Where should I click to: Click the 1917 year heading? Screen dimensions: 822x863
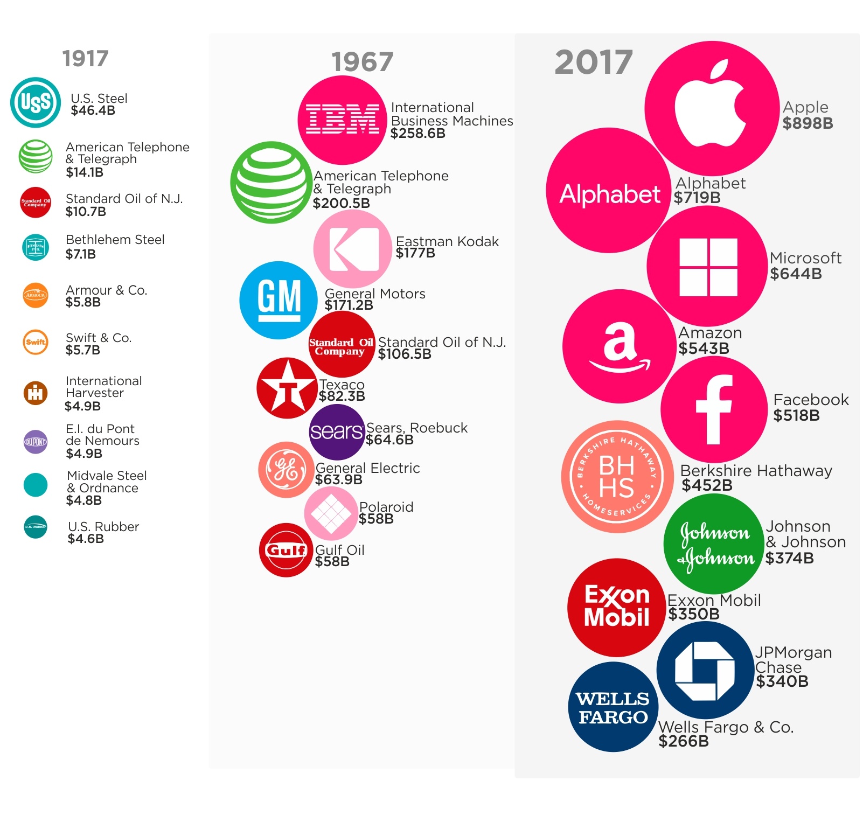[x=85, y=59]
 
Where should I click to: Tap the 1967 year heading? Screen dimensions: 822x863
[x=362, y=62]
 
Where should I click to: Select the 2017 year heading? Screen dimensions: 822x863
[x=593, y=62]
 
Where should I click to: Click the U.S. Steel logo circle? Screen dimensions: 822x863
[x=36, y=102]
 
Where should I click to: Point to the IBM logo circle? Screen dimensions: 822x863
[x=342, y=120]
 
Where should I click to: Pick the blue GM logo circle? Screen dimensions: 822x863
[x=279, y=300]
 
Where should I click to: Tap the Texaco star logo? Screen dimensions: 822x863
[x=287, y=388]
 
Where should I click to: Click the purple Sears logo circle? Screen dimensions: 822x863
[x=337, y=431]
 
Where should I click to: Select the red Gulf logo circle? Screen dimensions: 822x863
[x=286, y=550]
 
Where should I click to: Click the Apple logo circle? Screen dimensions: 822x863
[x=711, y=108]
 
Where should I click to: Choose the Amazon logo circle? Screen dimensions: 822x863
[x=619, y=346]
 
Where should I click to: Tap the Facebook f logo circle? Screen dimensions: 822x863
[x=713, y=409]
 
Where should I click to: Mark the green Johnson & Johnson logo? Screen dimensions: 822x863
[x=715, y=544]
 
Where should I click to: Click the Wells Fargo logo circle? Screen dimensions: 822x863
[x=613, y=707]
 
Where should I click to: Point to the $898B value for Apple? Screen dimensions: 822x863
[x=808, y=123]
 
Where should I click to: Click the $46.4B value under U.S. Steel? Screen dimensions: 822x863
[x=93, y=111]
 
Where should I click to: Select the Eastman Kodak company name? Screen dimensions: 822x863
[x=447, y=241]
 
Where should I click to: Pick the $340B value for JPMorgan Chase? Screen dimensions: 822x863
[x=782, y=682]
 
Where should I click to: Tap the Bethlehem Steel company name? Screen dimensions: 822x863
[x=115, y=240]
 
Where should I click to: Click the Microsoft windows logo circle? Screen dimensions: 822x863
[x=707, y=267]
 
